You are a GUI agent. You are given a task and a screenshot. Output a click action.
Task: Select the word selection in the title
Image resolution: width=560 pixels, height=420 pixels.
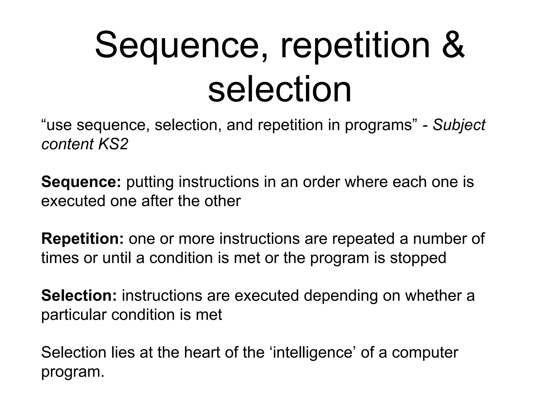(279, 89)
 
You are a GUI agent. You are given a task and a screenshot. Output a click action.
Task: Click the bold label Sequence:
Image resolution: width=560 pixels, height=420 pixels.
(81, 182)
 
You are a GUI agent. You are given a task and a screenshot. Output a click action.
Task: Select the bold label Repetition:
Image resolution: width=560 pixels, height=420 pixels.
(83, 238)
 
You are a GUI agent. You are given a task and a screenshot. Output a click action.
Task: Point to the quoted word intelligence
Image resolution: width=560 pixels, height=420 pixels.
(312, 353)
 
